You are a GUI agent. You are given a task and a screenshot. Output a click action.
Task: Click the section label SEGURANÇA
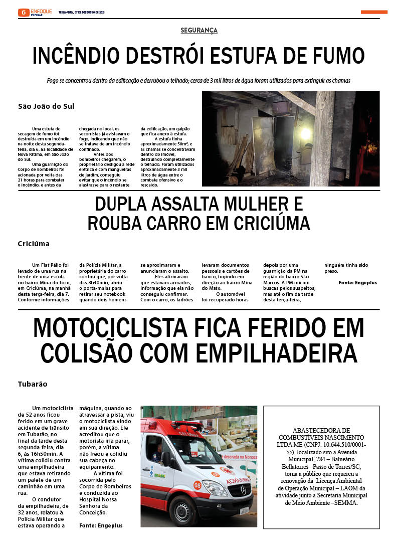[199, 31]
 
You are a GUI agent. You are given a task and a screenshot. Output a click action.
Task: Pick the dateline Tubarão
[33, 384]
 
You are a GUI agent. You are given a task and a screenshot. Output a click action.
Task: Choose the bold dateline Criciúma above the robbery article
[34, 244]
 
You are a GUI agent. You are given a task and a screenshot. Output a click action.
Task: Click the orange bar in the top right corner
[374, 12]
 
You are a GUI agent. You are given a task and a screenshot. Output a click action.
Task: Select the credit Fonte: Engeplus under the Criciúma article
[357, 283]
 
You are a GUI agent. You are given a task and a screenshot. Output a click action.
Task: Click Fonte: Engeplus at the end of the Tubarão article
[101, 525]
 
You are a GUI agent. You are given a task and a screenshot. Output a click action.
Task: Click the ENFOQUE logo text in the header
[41, 11]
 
